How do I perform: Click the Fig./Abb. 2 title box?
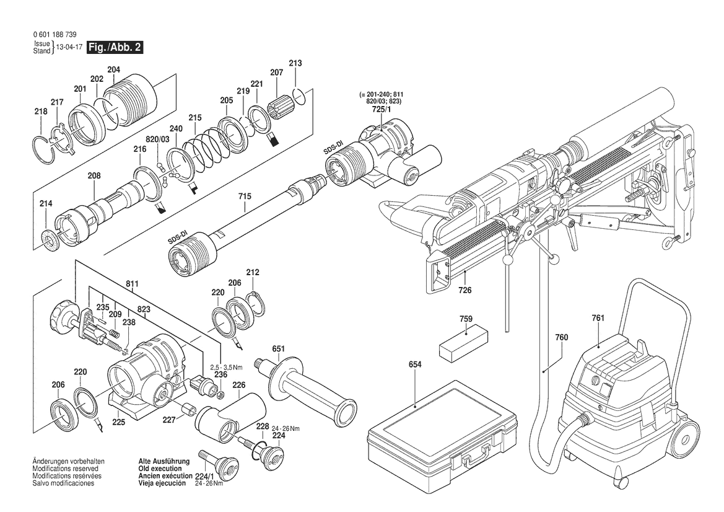coord(115,47)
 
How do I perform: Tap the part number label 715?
coord(245,197)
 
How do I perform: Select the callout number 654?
coord(415,364)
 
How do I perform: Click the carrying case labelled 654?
coord(441,433)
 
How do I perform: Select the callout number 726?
coord(464,290)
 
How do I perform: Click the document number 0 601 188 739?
coord(56,35)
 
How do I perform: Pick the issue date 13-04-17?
coord(69,48)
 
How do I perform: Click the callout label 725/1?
coord(377,110)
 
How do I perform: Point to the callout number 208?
coord(94,176)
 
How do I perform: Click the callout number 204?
coord(113,70)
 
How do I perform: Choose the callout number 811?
coord(132,284)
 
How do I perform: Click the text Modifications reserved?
coord(65,469)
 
